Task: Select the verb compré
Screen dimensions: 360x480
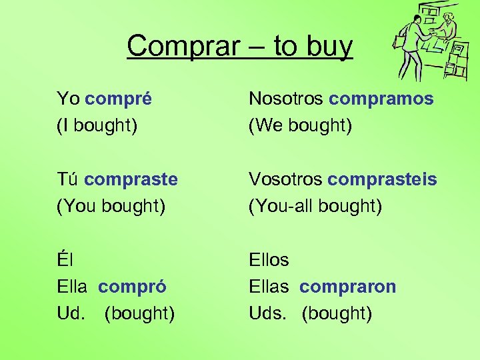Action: pos(119,99)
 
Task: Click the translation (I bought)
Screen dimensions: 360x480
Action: pos(97,126)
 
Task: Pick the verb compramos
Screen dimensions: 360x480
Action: pos(381,99)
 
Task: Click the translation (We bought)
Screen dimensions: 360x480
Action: pos(300,126)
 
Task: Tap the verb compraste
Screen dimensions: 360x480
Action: pos(131,179)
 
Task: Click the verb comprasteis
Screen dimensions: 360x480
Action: pos(383,179)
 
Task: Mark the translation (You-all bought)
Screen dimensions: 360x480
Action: pos(315,207)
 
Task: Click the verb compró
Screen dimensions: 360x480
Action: pos(132,287)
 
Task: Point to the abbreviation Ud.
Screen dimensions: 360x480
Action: pos(71,313)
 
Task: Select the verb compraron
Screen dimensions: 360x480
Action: pos(347,287)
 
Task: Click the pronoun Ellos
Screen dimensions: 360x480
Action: pos(269,260)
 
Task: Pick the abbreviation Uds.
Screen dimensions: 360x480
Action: pos(267,313)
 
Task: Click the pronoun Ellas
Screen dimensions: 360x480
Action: pos(269,287)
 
